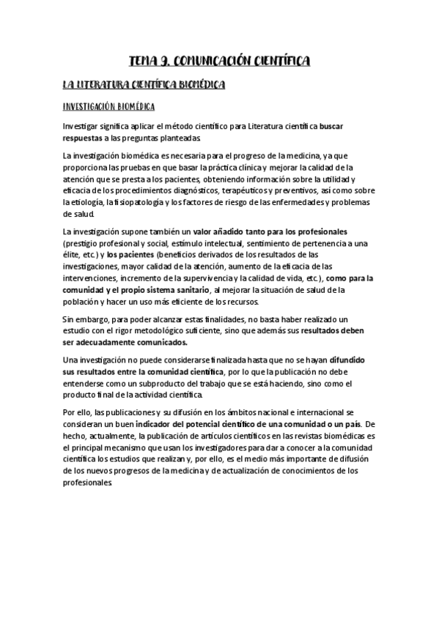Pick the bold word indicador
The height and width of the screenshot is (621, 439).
pyautogui.click(x=167, y=423)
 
